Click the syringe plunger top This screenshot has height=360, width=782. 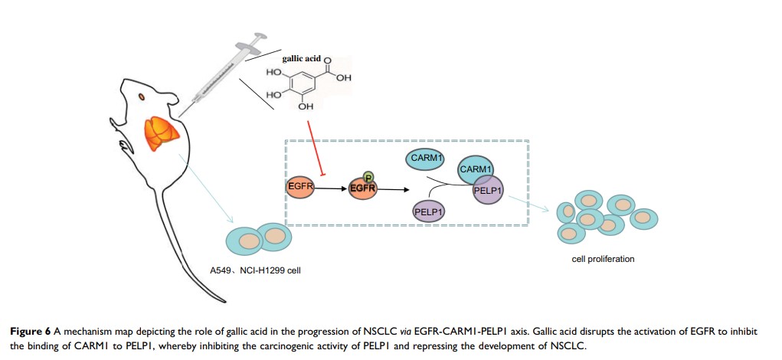tap(260, 34)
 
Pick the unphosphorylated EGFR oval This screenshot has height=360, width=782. tap(299, 186)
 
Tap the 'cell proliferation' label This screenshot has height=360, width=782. tap(603, 259)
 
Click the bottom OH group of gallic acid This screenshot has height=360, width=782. tap(305, 106)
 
